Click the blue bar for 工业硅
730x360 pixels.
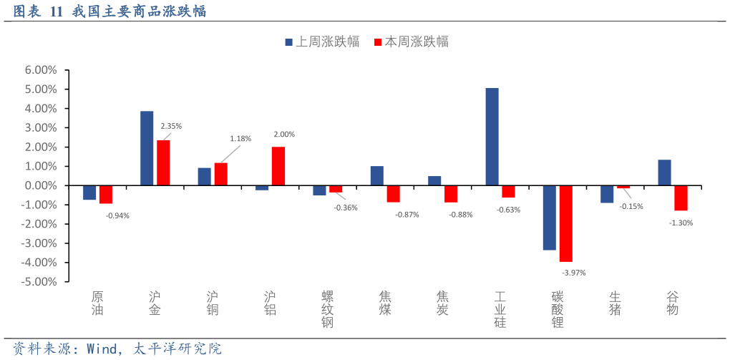492,137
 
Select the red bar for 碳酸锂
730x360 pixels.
565,223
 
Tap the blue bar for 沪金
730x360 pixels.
147,148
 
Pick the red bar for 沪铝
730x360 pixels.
278,166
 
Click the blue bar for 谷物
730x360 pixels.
664,172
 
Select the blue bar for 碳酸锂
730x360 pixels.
549,218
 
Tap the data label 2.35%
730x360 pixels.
171,126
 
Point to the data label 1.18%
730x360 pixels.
240,138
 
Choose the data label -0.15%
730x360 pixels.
631,206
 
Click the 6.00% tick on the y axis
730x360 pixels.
41,70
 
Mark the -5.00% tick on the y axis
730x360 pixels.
39,282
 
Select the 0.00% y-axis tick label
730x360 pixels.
41,185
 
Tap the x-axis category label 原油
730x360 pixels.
97,303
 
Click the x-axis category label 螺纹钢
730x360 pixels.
328,309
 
